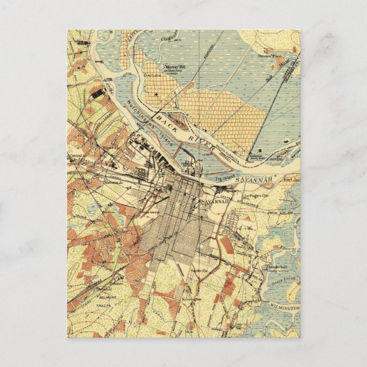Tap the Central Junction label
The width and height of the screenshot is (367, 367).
click(x=76, y=155)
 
